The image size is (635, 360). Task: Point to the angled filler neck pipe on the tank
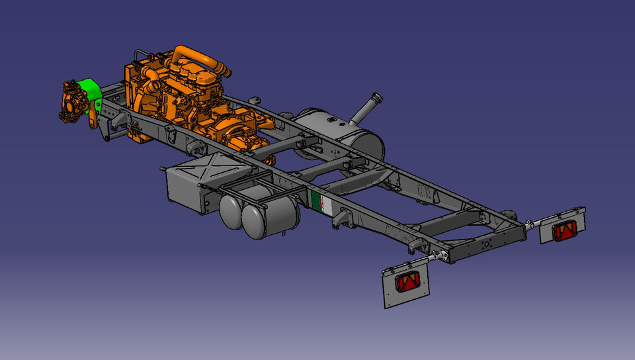(367, 107)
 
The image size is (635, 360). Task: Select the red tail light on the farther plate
(565, 231)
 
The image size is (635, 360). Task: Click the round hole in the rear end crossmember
(487, 244)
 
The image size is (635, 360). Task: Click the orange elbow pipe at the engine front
(153, 79)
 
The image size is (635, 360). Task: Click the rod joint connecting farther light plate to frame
(529, 225)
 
